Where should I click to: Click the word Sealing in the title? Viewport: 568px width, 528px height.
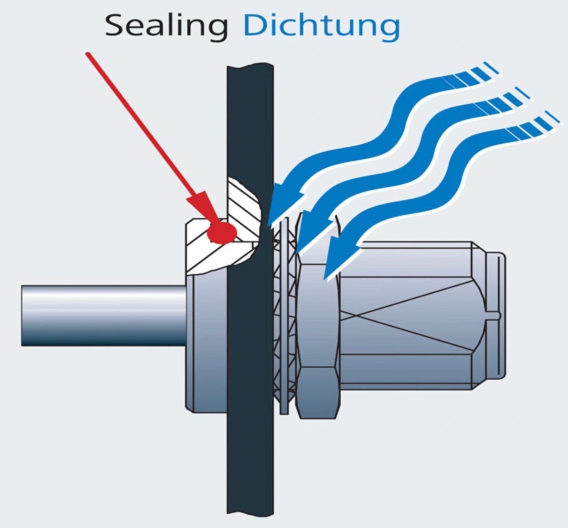pos(166,26)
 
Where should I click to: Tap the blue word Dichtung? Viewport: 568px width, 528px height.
pos(321,26)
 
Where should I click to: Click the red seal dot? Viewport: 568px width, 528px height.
pos(222,232)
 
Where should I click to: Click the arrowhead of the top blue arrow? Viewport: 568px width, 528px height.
pos(284,204)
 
